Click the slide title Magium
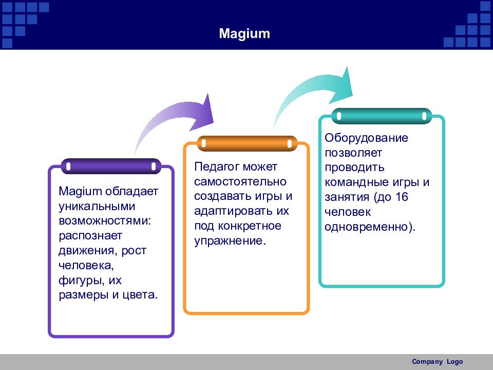point(244,33)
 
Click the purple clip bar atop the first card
point(111,166)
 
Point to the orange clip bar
point(247,143)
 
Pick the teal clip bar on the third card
point(382,116)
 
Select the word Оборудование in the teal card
point(366,138)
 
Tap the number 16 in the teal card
point(402,197)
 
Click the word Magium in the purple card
point(80,192)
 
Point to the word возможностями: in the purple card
point(105,220)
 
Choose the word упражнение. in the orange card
point(230,241)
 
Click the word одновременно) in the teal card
point(369,227)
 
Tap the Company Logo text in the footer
point(438,361)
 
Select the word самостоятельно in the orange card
point(240,181)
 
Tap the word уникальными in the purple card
point(97,207)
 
